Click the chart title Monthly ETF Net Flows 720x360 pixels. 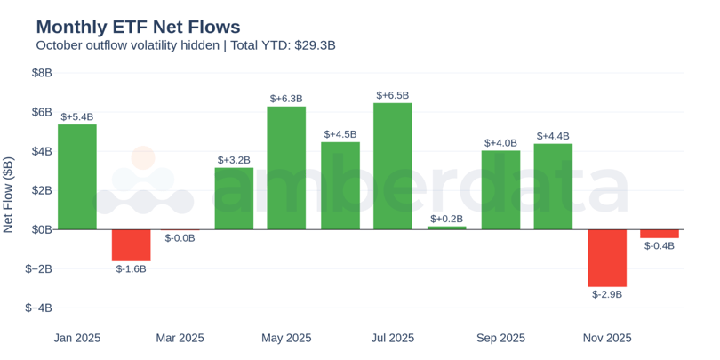coord(138,27)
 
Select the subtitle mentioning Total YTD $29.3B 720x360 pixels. coord(185,45)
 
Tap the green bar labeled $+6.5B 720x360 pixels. coord(392,166)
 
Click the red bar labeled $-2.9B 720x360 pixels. coord(606,258)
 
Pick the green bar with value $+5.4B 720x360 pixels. coord(77,177)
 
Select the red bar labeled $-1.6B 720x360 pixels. coord(131,245)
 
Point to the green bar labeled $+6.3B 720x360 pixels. coord(286,168)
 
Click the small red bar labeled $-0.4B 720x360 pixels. coord(660,234)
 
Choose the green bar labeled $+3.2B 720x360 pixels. coord(234,198)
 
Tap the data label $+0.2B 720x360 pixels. coord(446,219)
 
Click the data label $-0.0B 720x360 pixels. coord(180,238)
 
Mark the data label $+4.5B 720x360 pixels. coord(340,134)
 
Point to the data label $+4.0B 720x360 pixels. coord(500,143)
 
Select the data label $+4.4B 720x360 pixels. coord(553,136)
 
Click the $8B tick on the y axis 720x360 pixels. coord(42,73)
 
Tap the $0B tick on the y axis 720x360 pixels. coord(42,229)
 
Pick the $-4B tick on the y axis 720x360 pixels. coord(39,308)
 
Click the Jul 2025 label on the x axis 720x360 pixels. coord(393,338)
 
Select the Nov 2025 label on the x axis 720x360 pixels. coord(607,338)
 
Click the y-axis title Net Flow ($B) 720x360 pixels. coord(9,196)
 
